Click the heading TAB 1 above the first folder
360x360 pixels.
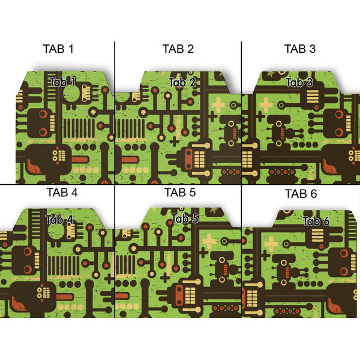[58, 49]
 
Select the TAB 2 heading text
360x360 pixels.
[178, 49]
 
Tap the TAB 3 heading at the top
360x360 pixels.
[299, 49]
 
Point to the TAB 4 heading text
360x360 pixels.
[61, 193]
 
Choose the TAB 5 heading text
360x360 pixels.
[180, 193]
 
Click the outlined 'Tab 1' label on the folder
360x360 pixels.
[63, 82]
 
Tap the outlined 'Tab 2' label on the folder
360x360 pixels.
[182, 83]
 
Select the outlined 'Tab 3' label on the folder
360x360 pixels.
[299, 83]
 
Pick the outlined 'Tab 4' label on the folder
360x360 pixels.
[59, 220]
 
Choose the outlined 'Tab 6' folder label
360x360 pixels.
[316, 222]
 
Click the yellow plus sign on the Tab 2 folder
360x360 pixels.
[220, 104]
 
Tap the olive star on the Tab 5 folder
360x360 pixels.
[214, 211]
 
